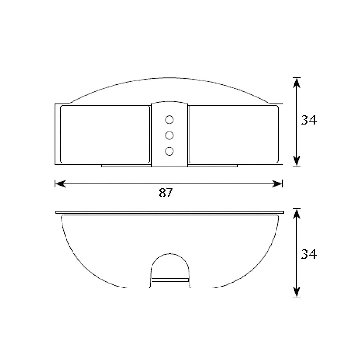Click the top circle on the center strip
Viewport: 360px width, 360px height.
[x=169, y=120]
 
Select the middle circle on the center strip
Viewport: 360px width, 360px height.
[x=169, y=135]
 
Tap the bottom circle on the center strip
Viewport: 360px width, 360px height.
[x=169, y=151]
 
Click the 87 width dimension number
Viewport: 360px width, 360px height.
[x=166, y=193]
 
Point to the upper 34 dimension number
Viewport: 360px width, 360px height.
[x=309, y=120]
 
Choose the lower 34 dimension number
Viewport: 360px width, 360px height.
[x=309, y=254]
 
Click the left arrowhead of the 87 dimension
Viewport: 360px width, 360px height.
[x=60, y=184]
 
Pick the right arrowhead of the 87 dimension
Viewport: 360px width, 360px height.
[x=277, y=184]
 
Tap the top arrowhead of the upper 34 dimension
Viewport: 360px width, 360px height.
[x=297, y=83]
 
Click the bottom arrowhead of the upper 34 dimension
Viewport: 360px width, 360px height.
[x=297, y=161]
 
